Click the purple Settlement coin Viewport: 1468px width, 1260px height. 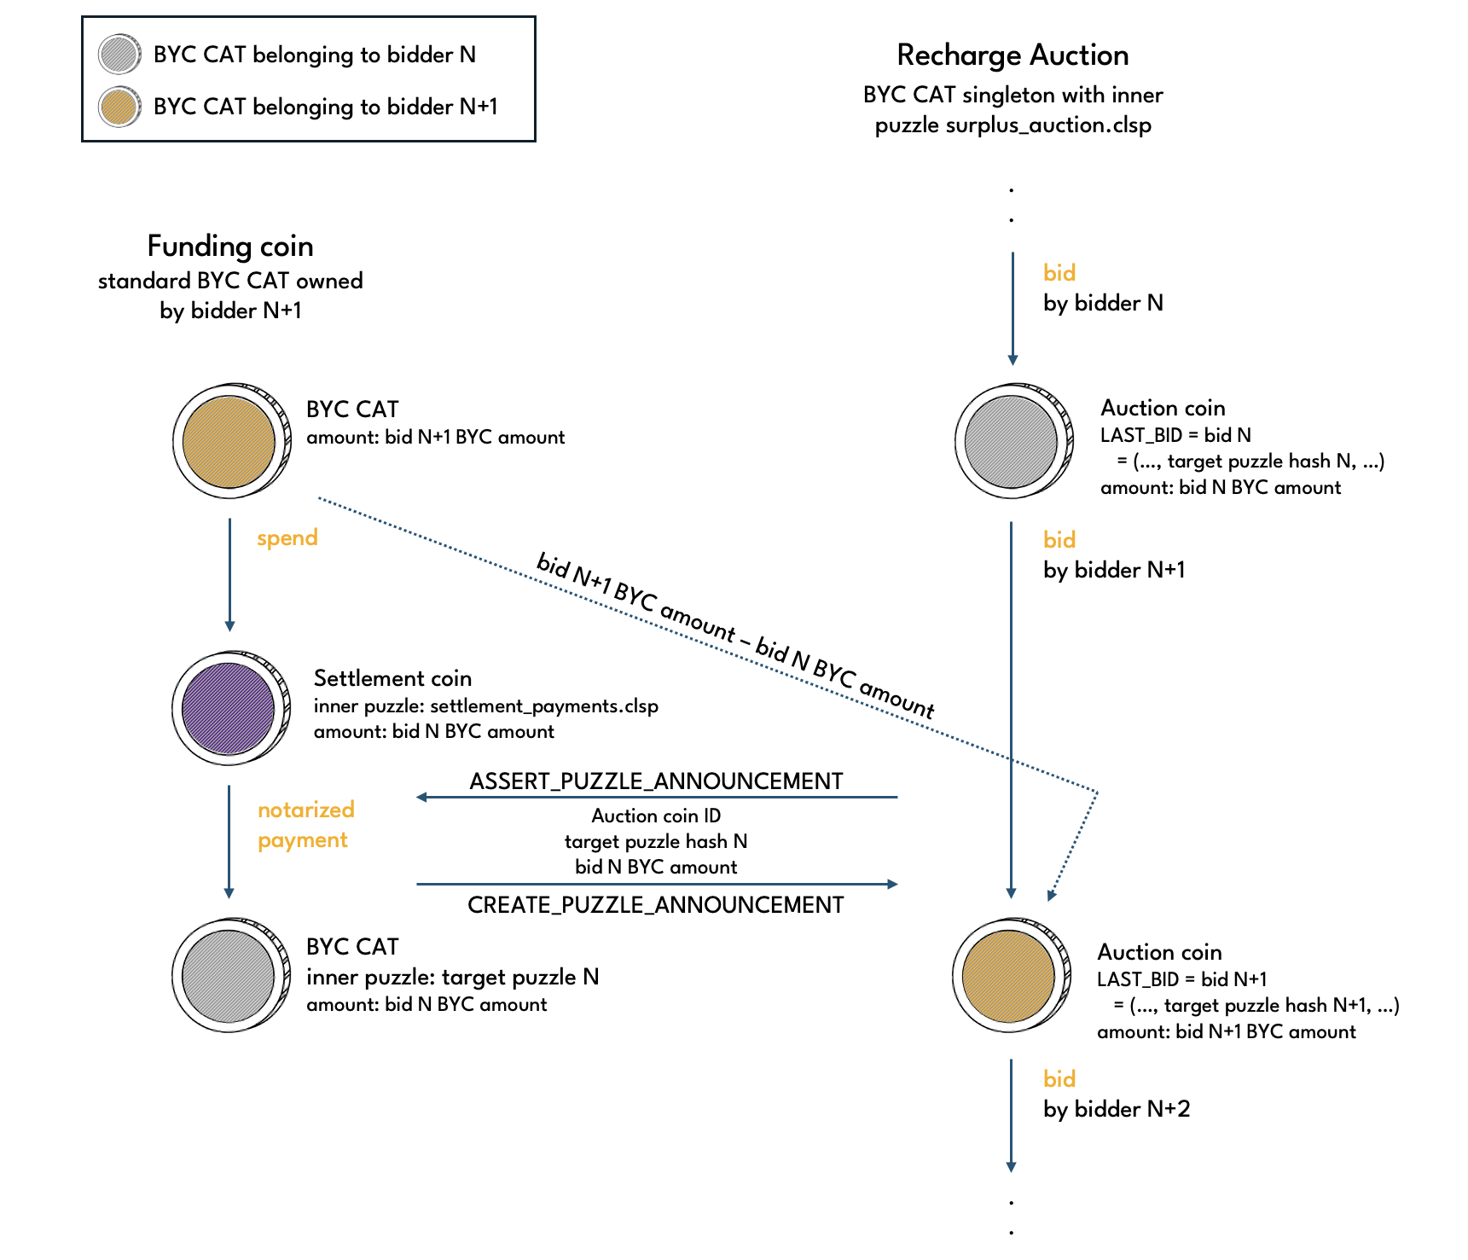pos(229,708)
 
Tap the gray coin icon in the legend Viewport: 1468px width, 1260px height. pos(119,55)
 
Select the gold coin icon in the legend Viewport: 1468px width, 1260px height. pos(119,107)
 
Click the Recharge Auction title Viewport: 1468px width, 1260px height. pos(1013,55)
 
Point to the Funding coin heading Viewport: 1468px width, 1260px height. pos(230,247)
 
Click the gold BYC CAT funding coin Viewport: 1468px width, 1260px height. pos(229,441)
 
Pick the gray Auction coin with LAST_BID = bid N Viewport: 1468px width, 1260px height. pos(1012,441)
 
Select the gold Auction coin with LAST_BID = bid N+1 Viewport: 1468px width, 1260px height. pos(1009,976)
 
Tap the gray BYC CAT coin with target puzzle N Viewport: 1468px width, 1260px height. pos(229,976)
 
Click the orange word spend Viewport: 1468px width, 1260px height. pos(287,538)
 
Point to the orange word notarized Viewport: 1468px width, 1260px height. pos(306,810)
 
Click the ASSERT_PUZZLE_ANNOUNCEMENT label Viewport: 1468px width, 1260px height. pos(656,781)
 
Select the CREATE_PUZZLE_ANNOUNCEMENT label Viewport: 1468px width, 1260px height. pos(656,905)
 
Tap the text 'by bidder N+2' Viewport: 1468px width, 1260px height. pos(1117,1109)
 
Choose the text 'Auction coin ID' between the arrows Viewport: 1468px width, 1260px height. pos(656,816)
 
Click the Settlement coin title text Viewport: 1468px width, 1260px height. pos(392,679)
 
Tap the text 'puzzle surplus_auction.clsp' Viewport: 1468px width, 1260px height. pos(1013,125)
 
